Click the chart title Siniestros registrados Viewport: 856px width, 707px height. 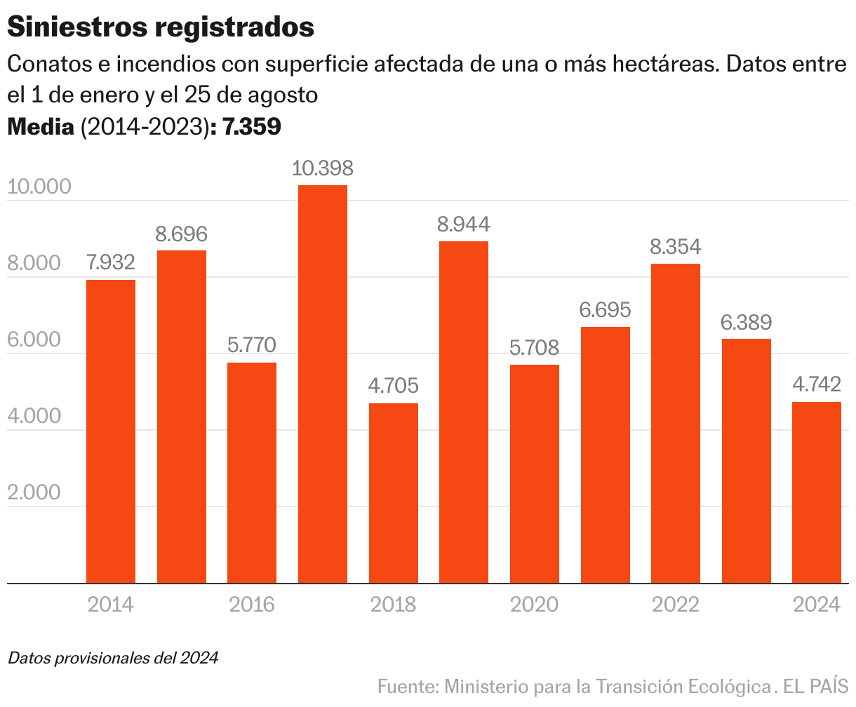coord(160,27)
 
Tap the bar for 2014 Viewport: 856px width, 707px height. coord(111,431)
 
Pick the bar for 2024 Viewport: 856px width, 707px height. coord(817,492)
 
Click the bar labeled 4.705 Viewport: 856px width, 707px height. coord(394,493)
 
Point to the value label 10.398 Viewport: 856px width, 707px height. coord(323,168)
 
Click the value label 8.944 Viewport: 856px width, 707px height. coord(464,224)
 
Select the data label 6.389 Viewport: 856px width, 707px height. coord(746,323)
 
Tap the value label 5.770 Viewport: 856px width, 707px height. coord(252,345)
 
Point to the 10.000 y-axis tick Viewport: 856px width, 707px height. coord(39,187)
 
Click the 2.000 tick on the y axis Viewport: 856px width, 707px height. coord(34,493)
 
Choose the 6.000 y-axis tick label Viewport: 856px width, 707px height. coord(34,340)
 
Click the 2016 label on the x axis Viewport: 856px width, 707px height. coord(252,604)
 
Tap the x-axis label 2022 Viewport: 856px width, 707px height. coord(676,604)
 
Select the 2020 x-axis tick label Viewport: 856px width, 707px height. coord(535,604)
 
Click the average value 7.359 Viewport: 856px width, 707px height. coord(252,127)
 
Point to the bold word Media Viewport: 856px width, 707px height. coord(41,127)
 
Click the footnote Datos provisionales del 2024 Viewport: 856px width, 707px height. coord(113,658)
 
